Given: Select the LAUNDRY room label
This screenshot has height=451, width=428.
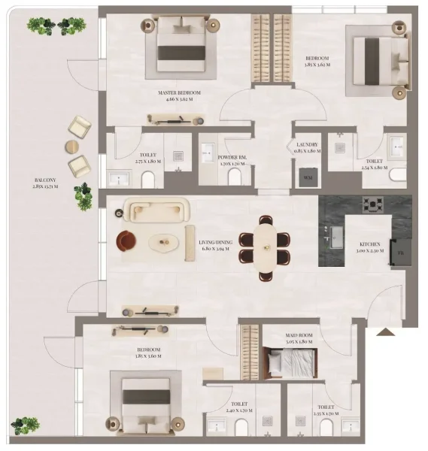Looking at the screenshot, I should pos(306,144).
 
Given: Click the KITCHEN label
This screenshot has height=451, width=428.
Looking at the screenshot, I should pos(369,244).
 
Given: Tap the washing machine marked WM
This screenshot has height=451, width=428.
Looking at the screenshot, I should pos(307,177).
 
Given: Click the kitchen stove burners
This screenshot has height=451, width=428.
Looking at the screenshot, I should pos(372,204).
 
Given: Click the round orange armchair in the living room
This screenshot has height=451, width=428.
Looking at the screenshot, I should pos(126,241).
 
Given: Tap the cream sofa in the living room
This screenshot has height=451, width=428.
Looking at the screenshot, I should pos(157,210).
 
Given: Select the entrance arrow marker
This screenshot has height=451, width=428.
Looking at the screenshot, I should pos(385,331).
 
